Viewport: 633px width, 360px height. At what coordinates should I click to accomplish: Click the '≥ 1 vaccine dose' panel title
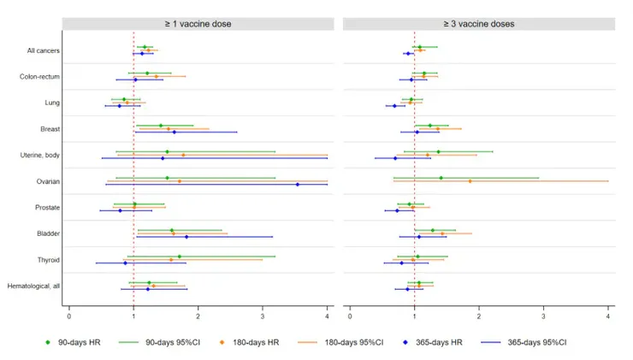pyautogui.click(x=198, y=24)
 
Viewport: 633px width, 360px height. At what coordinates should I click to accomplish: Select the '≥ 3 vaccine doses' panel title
pyautogui.click(x=479, y=24)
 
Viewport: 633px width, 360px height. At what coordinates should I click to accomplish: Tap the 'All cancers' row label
pyautogui.click(x=43, y=50)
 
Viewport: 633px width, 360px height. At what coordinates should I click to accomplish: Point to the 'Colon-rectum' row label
pyautogui.click(x=39, y=77)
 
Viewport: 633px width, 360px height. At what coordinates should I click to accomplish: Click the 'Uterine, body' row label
pyautogui.click(x=40, y=155)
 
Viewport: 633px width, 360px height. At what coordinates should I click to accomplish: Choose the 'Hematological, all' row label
pyautogui.click(x=33, y=286)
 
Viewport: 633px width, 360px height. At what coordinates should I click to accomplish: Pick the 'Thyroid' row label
pyautogui.click(x=49, y=260)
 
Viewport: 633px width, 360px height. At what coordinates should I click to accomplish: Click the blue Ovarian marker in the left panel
pyautogui.click(x=298, y=185)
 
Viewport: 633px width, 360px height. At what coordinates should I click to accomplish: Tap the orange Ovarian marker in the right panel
pyautogui.click(x=470, y=181)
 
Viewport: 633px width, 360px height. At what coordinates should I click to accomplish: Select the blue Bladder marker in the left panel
pyautogui.click(x=186, y=237)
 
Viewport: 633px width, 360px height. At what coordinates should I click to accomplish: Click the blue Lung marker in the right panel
pyautogui.click(x=395, y=106)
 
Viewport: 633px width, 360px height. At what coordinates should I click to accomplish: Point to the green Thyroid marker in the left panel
pyautogui.click(x=180, y=257)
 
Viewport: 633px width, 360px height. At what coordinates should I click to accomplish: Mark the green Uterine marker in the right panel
pyautogui.click(x=439, y=151)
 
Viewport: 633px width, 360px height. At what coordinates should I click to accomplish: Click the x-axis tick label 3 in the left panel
pyautogui.click(x=263, y=316)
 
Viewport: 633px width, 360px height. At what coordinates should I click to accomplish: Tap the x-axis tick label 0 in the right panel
pyautogui.click(x=350, y=316)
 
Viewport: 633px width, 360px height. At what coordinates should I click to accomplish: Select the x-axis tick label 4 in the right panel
pyautogui.click(x=608, y=316)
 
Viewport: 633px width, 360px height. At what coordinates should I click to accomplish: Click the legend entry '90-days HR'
pyautogui.click(x=73, y=342)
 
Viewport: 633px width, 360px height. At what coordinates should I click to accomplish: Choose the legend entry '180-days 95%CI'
pyautogui.click(x=340, y=342)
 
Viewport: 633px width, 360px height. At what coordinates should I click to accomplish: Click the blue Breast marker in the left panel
pyautogui.click(x=175, y=132)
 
